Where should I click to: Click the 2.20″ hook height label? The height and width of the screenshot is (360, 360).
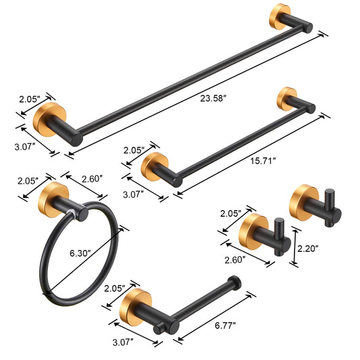(x=308, y=249)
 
